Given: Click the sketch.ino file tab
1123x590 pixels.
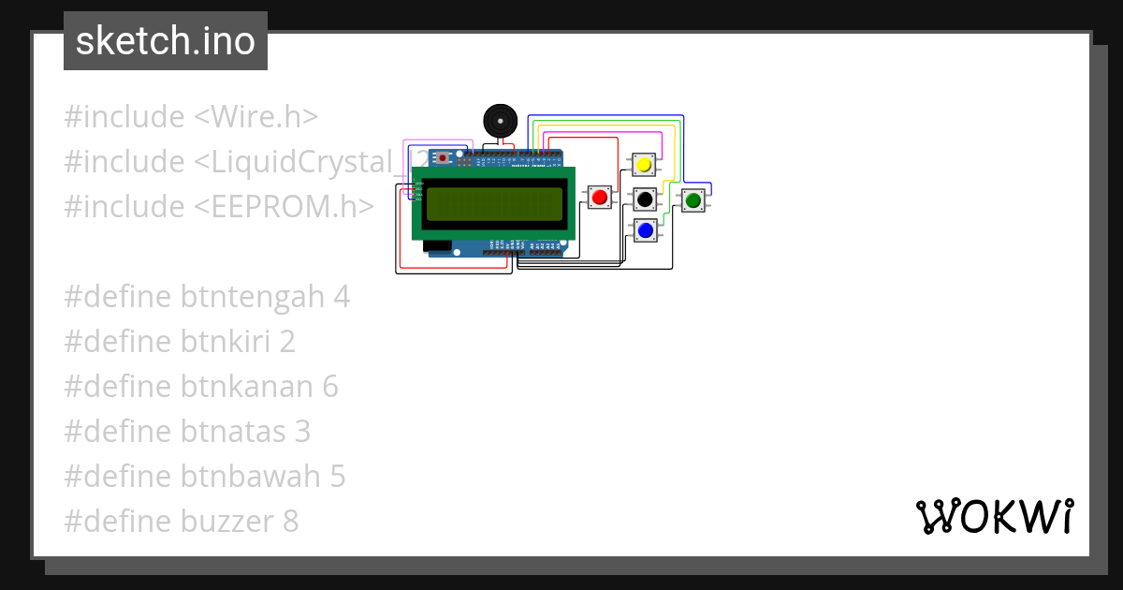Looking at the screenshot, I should [x=166, y=41].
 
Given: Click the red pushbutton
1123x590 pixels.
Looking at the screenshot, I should [x=599, y=196].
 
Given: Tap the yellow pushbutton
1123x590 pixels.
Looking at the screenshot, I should [x=643, y=165].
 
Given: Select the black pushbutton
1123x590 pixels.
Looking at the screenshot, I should [x=644, y=199].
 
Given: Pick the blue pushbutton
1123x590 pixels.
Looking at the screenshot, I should [x=644, y=229].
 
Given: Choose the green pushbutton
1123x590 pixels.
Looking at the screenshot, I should [x=693, y=199].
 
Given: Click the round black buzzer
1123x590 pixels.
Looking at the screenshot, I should [x=499, y=121].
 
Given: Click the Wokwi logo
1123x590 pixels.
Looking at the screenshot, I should [x=994, y=516].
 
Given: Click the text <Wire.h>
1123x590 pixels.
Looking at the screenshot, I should [x=255, y=117].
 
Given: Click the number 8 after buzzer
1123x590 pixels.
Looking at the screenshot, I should [x=290, y=522].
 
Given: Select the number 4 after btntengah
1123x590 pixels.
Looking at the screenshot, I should [x=341, y=297].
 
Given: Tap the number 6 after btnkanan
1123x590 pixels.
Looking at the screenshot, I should [x=329, y=387].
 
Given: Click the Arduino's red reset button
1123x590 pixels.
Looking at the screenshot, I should [x=443, y=158].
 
